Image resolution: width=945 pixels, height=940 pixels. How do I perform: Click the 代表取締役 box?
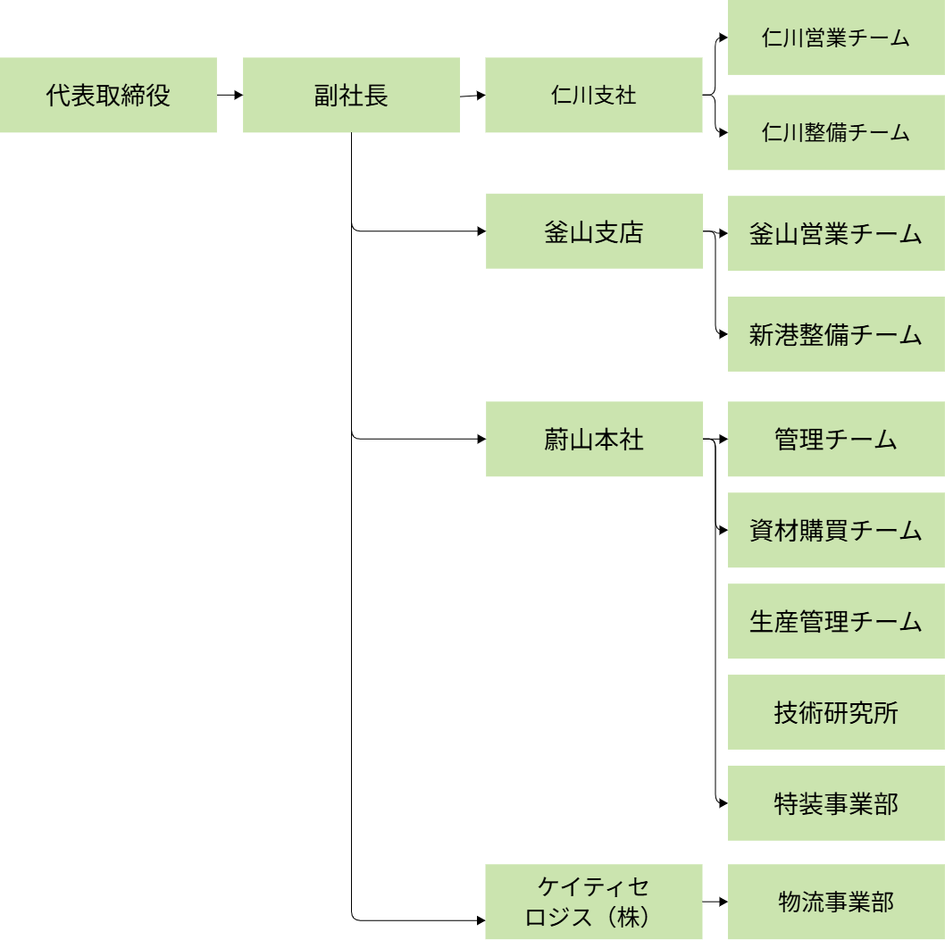click(108, 96)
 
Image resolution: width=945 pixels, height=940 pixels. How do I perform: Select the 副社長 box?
click(351, 96)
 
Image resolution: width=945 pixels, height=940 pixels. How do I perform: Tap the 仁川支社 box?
click(594, 96)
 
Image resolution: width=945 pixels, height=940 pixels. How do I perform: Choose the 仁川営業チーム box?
click(835, 38)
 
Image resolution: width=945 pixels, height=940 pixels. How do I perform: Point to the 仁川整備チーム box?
click(835, 133)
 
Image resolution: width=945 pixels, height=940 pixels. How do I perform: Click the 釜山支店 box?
click(594, 231)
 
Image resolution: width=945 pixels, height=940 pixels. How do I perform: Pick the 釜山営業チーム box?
click(835, 234)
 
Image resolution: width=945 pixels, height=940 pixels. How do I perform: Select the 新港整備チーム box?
click(835, 335)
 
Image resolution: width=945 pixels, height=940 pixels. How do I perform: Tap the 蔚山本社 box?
click(594, 440)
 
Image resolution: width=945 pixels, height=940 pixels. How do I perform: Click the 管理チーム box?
click(835, 440)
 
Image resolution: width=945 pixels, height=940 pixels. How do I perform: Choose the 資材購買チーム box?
click(835, 531)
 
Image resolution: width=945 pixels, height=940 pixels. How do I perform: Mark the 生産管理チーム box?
click(835, 622)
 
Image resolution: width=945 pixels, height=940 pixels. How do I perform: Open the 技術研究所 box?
click(835, 713)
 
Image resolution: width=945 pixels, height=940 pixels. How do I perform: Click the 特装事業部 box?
click(835, 803)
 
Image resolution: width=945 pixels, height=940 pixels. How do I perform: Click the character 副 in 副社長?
click(326, 96)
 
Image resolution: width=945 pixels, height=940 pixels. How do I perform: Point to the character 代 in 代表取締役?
click(58, 96)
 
